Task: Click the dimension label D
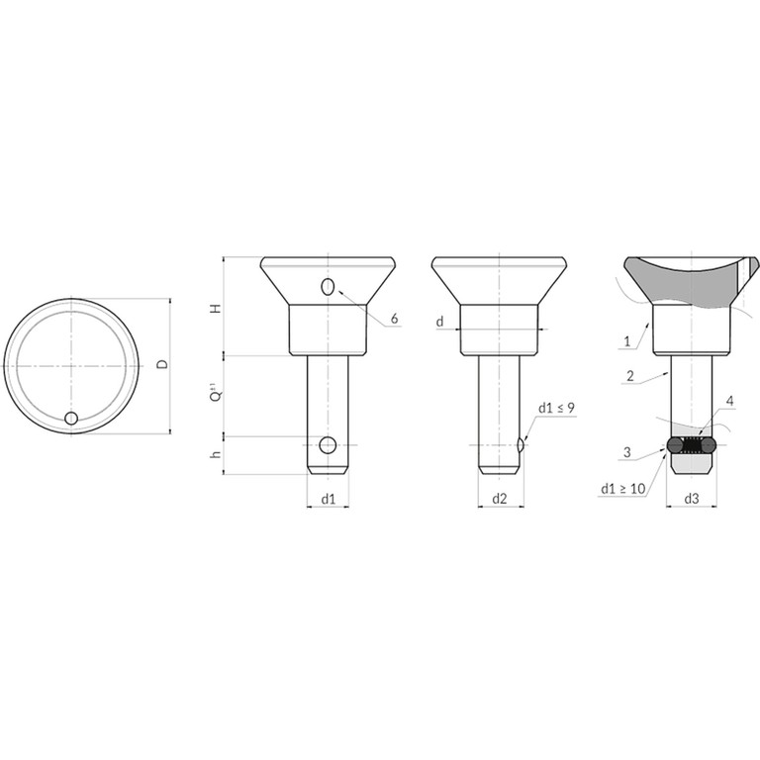coord(164,363)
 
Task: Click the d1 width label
coord(329,499)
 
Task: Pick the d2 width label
coord(499,499)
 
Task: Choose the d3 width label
coord(692,499)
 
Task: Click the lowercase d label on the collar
coord(440,322)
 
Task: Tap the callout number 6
coord(394,319)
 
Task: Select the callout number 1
coord(627,341)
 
